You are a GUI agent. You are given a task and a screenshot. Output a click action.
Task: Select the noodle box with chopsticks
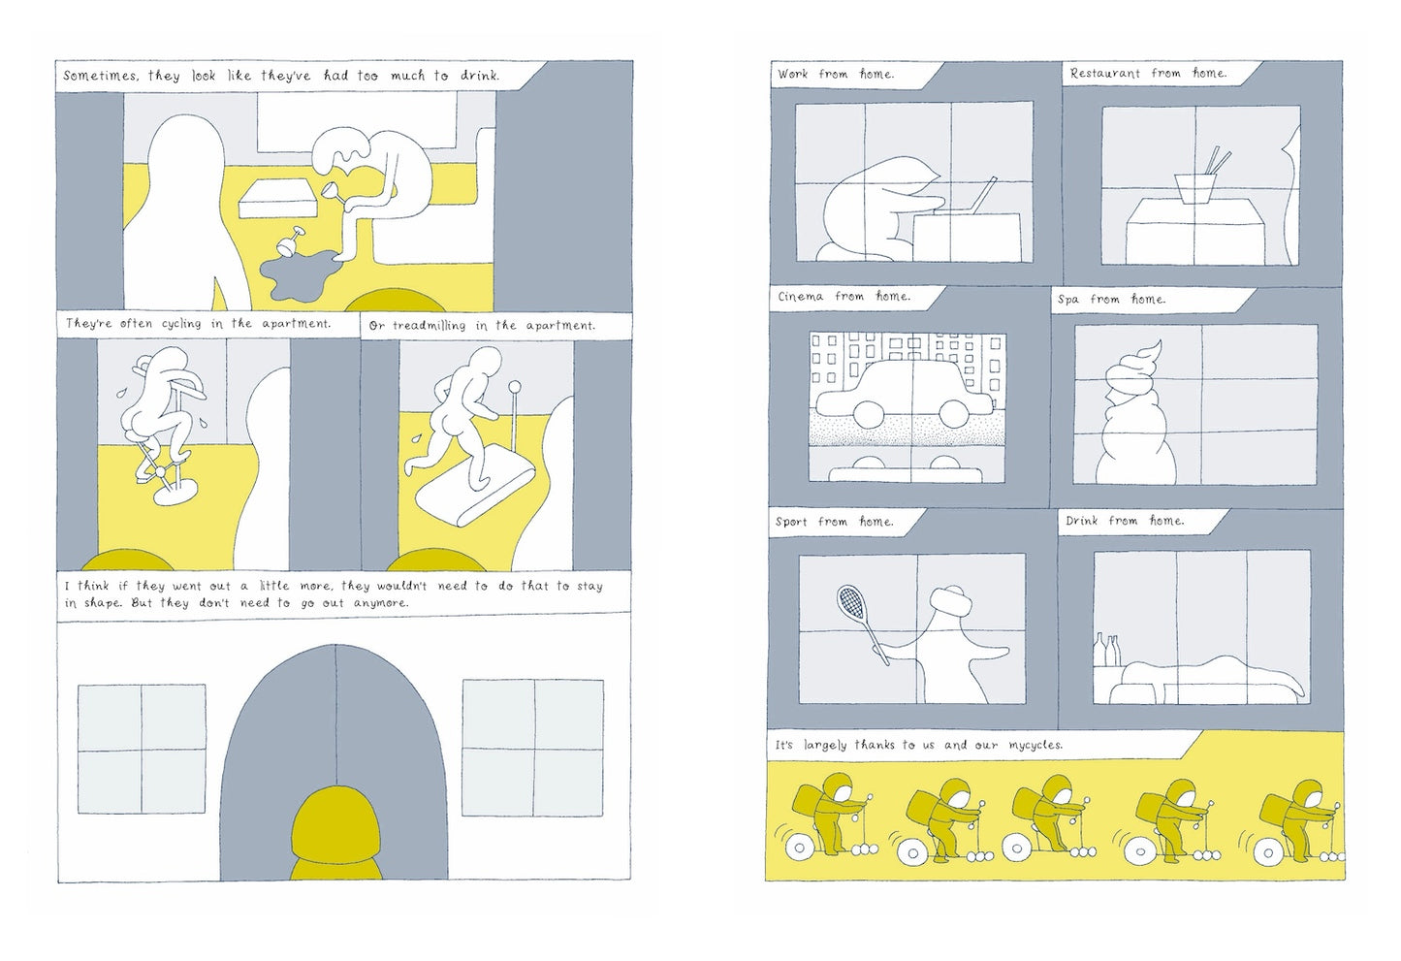[1198, 186]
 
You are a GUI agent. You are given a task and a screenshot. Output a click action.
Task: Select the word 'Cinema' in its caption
[801, 297]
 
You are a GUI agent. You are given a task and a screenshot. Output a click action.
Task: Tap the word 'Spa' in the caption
[1067, 300]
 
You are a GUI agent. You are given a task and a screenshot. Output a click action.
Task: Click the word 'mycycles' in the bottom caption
[1034, 745]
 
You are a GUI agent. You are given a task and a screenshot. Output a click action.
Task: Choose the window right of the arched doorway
[532, 748]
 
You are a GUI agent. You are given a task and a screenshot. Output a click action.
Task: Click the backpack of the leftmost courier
[808, 798]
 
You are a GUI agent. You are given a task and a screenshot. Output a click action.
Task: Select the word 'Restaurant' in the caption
[1106, 74]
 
